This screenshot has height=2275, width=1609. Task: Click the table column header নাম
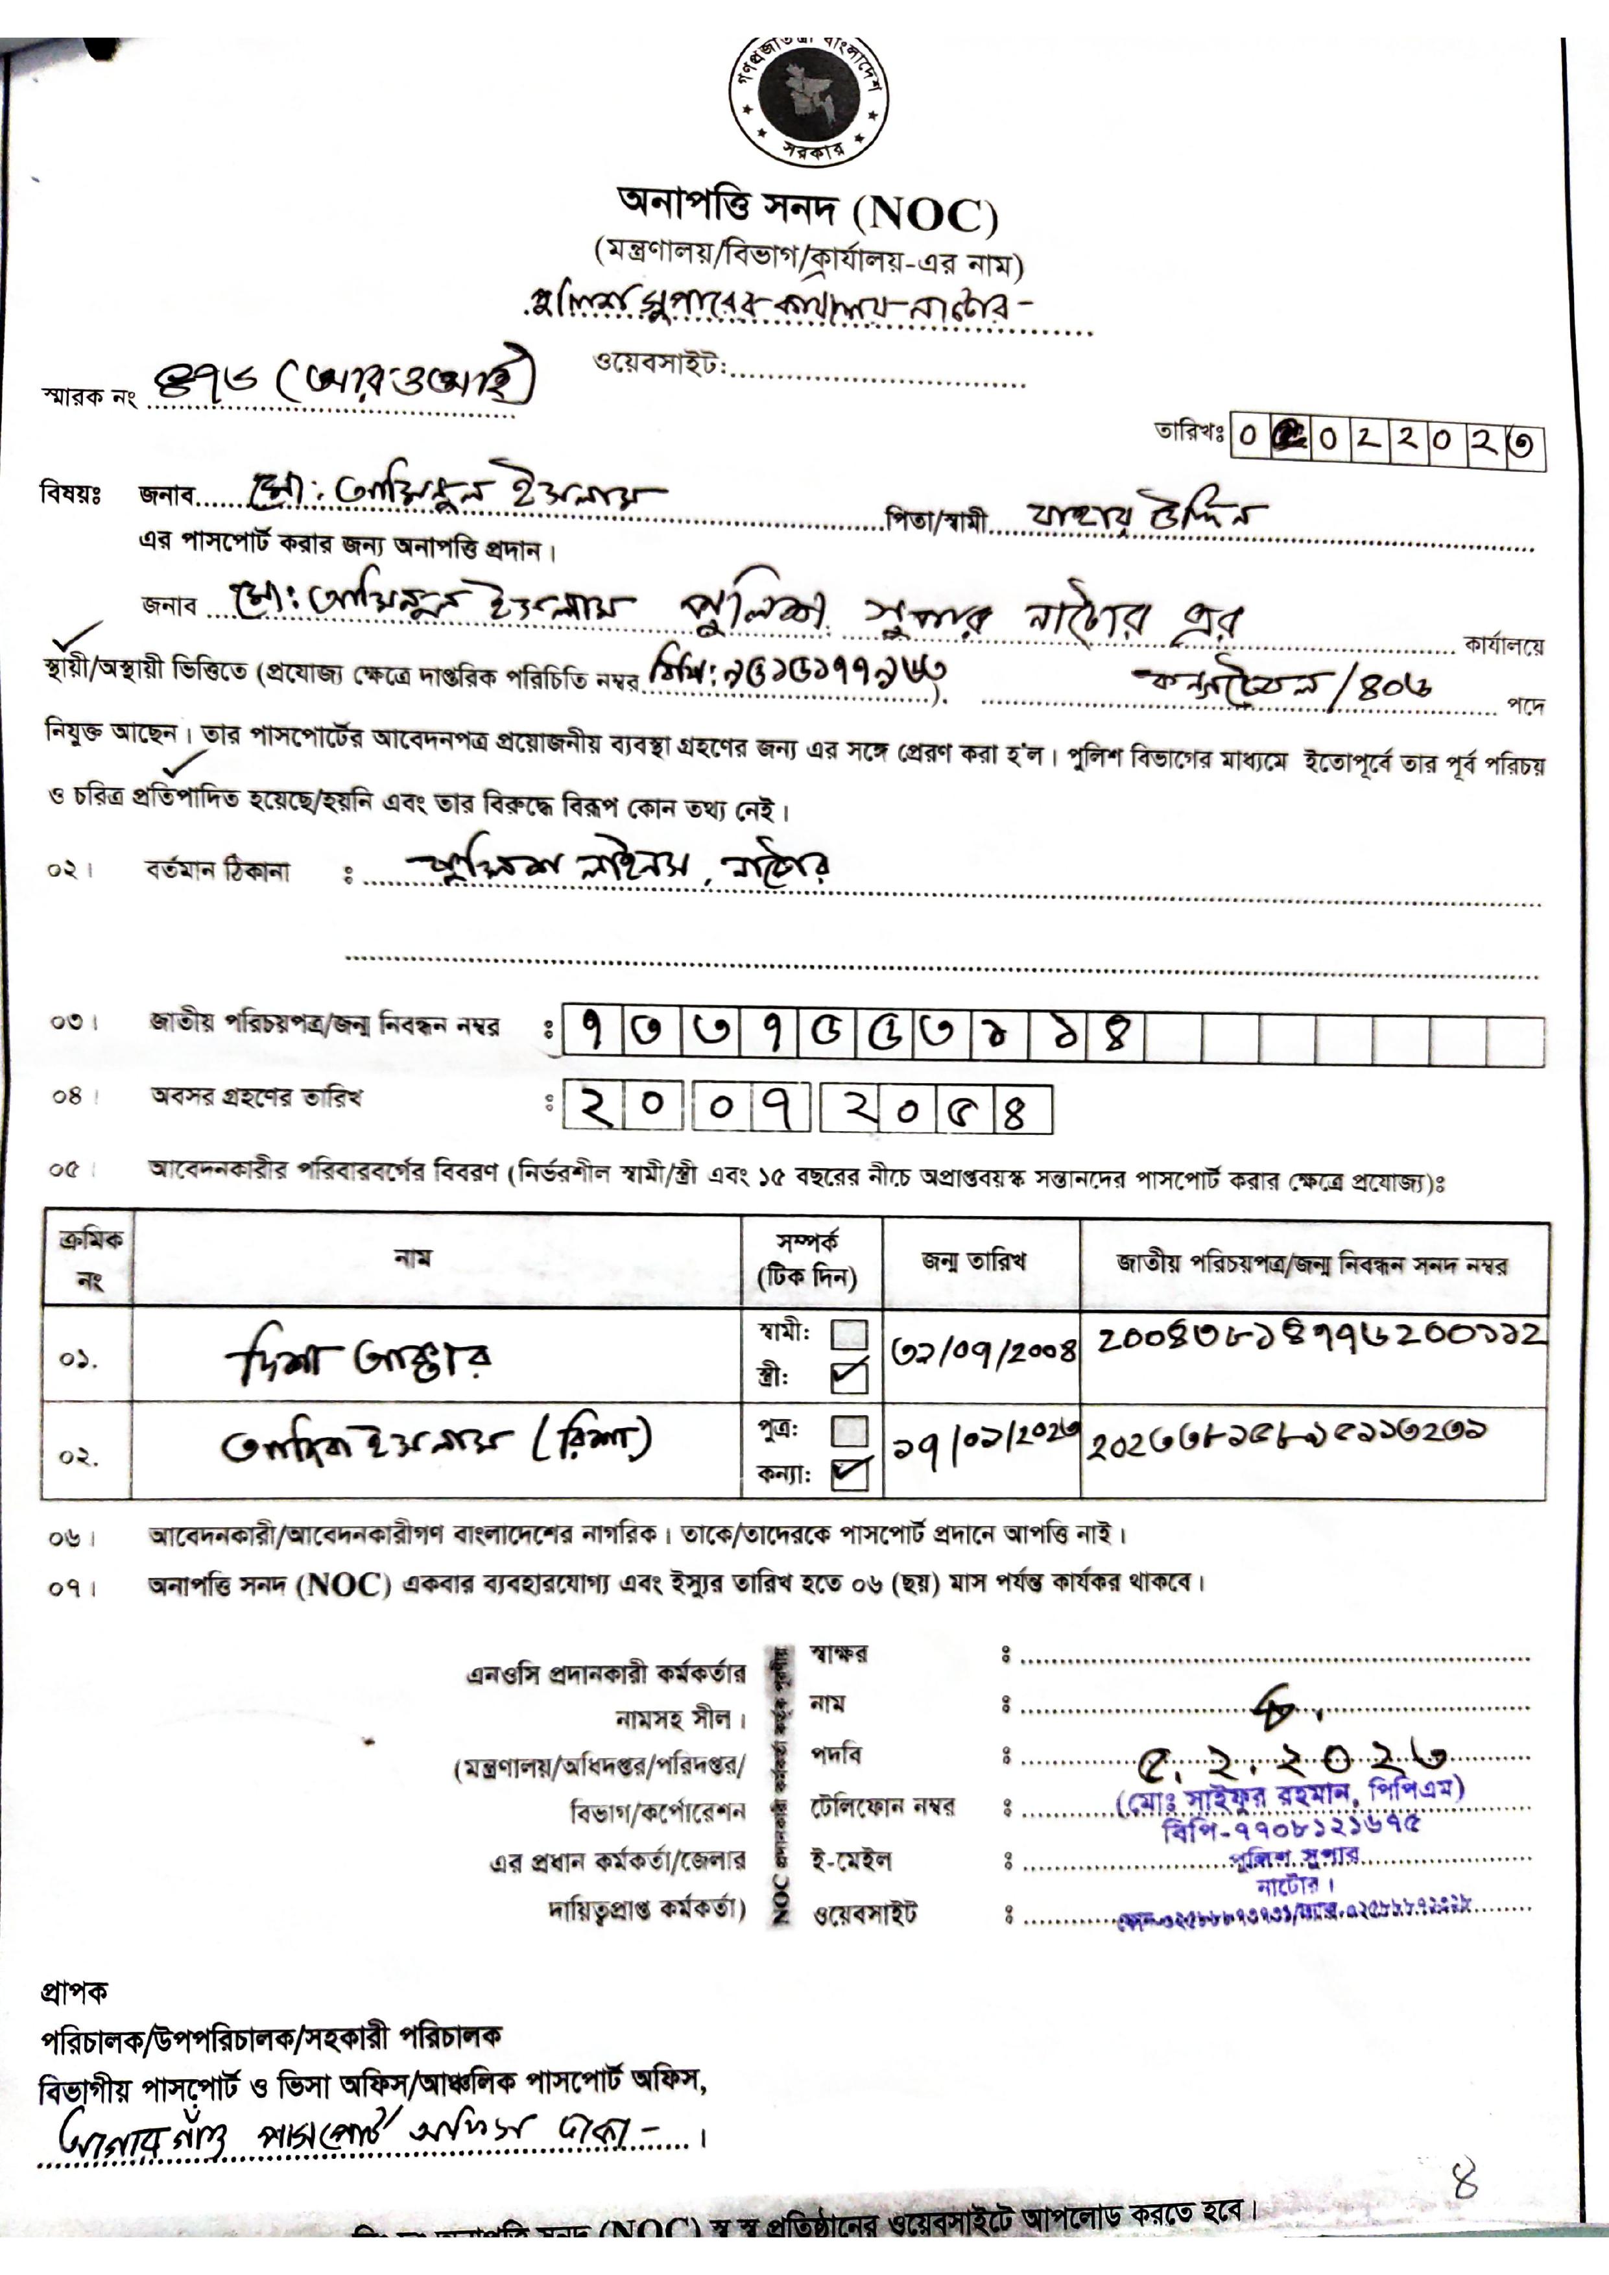point(412,1258)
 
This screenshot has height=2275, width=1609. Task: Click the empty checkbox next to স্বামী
point(849,1335)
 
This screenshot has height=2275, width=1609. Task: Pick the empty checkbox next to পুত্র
point(849,1430)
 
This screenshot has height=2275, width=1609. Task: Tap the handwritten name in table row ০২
point(435,1444)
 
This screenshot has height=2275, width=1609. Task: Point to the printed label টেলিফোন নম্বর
point(883,1806)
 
